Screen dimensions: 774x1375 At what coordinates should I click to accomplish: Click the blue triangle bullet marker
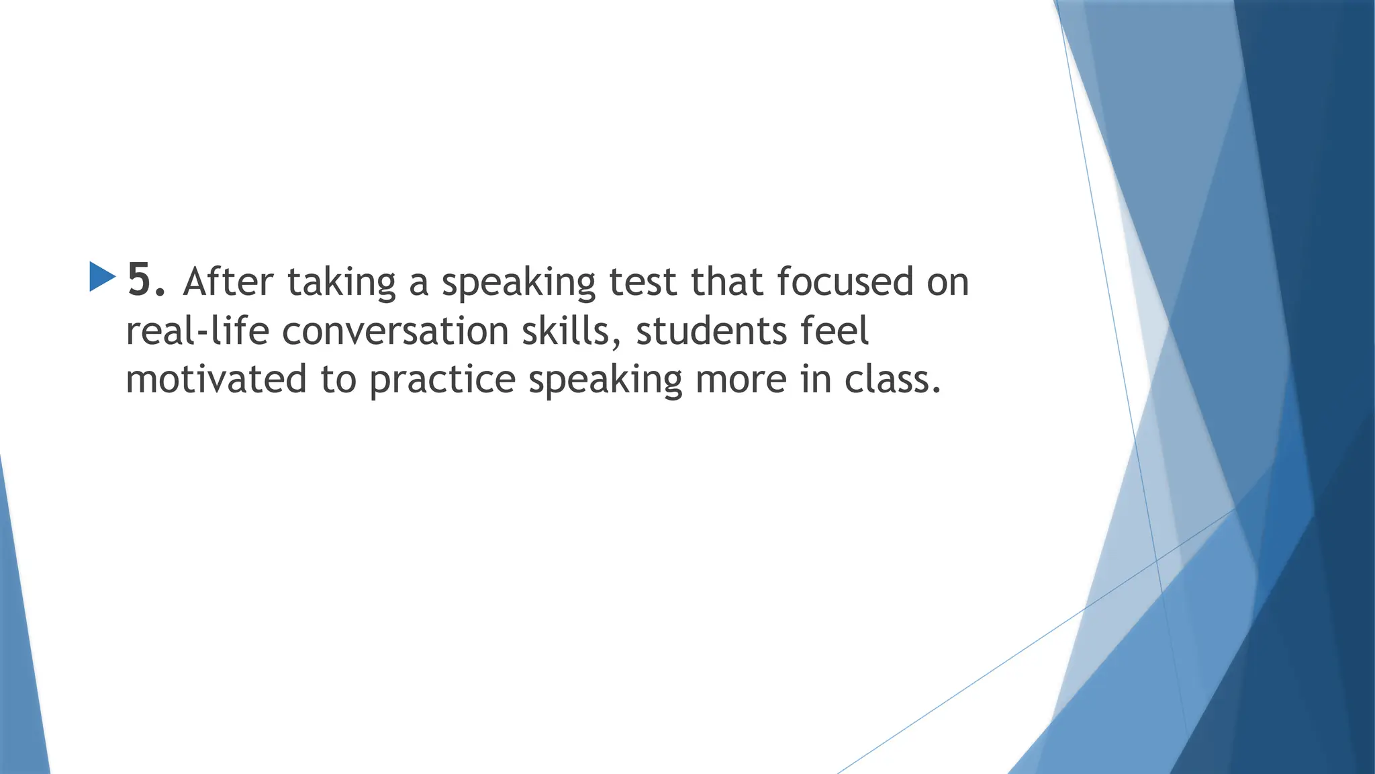(102, 277)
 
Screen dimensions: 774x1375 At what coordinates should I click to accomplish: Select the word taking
(342, 283)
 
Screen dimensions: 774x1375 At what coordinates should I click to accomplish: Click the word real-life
(197, 331)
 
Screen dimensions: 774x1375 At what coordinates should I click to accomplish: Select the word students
(711, 331)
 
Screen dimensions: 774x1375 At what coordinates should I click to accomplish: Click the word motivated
(216, 380)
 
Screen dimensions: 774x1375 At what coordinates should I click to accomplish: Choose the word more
(741, 380)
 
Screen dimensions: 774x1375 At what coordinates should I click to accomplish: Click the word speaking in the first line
(518, 283)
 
